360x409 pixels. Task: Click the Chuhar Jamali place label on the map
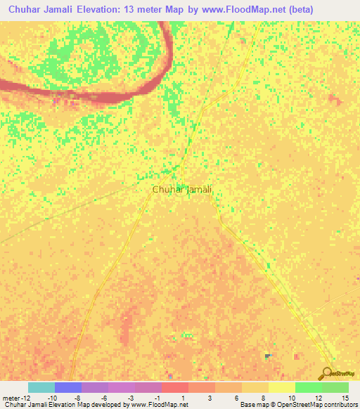coord(182,189)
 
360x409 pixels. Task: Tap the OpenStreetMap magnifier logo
coord(327,373)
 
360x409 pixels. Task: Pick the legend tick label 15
coord(345,398)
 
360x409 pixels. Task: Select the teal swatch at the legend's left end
coord(41,387)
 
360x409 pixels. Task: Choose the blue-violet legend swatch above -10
coord(68,387)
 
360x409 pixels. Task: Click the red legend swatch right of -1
coord(175,387)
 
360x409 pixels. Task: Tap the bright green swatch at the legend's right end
coord(335,387)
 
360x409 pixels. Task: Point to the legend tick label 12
coord(319,398)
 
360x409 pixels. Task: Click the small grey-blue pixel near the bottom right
coord(267,356)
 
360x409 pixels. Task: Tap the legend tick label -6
coord(105,398)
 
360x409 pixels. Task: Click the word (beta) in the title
coord(314,9)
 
